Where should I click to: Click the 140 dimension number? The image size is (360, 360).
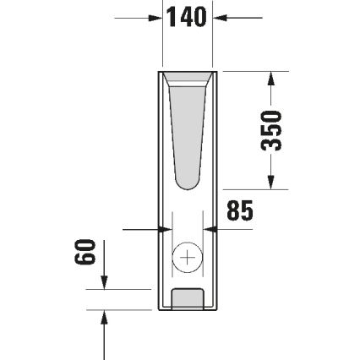click(x=187, y=17)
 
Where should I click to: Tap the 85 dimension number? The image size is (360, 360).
click(x=239, y=210)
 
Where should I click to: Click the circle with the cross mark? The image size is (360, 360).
click(x=187, y=258)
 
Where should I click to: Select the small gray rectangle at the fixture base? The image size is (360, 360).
click(x=188, y=297)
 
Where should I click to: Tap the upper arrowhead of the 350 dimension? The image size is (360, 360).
click(x=270, y=78)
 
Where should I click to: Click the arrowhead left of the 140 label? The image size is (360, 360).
click(x=155, y=17)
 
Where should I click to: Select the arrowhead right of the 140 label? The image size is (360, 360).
click(x=219, y=17)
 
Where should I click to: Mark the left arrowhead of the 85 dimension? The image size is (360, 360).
click(x=161, y=228)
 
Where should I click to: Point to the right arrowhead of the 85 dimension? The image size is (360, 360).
click(x=213, y=228)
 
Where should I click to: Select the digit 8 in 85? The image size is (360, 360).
click(x=232, y=210)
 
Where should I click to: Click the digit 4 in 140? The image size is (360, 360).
click(x=186, y=17)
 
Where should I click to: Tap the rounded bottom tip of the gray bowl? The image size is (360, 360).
click(x=188, y=185)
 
